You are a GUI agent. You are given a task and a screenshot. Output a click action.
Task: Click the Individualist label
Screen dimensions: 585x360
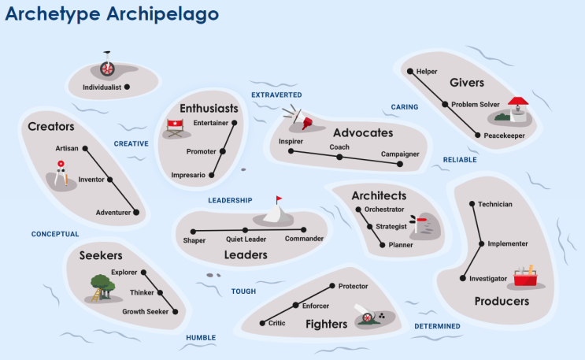tap(102, 87)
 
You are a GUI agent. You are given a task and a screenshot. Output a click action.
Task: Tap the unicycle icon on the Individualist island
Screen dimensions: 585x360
tap(107, 65)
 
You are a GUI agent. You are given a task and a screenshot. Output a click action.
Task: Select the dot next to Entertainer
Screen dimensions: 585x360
tap(235, 123)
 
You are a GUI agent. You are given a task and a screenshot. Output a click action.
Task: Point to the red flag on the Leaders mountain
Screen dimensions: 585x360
tap(279, 199)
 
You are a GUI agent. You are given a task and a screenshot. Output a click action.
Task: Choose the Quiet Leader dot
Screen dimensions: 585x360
tap(245, 230)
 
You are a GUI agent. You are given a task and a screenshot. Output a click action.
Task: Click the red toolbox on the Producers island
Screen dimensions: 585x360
tap(526, 276)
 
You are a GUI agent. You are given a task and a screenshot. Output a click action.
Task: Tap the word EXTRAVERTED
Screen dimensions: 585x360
tap(276, 95)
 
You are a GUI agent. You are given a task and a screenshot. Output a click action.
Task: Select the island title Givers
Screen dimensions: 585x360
tap(467, 83)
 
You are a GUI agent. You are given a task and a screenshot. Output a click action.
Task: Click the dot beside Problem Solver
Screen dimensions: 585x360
tap(445, 105)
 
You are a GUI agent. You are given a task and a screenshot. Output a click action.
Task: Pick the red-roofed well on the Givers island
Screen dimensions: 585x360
tap(517, 109)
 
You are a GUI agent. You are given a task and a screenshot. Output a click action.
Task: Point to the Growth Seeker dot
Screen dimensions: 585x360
tap(176, 311)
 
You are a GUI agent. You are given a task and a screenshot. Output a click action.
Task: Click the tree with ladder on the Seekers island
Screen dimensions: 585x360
tap(102, 288)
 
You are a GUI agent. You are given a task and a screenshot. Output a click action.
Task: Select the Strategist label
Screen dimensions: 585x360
tap(391, 227)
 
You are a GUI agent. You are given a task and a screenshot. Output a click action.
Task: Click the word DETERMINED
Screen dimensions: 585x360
tap(437, 326)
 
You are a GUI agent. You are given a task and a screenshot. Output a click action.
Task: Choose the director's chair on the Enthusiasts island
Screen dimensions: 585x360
tap(175, 128)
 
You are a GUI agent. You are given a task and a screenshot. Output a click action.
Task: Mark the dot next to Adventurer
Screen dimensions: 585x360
tap(136, 213)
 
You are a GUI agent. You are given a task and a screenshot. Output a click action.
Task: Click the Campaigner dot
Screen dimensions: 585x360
tap(400, 164)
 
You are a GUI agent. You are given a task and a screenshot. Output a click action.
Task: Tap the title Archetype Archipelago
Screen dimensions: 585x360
tap(112, 14)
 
